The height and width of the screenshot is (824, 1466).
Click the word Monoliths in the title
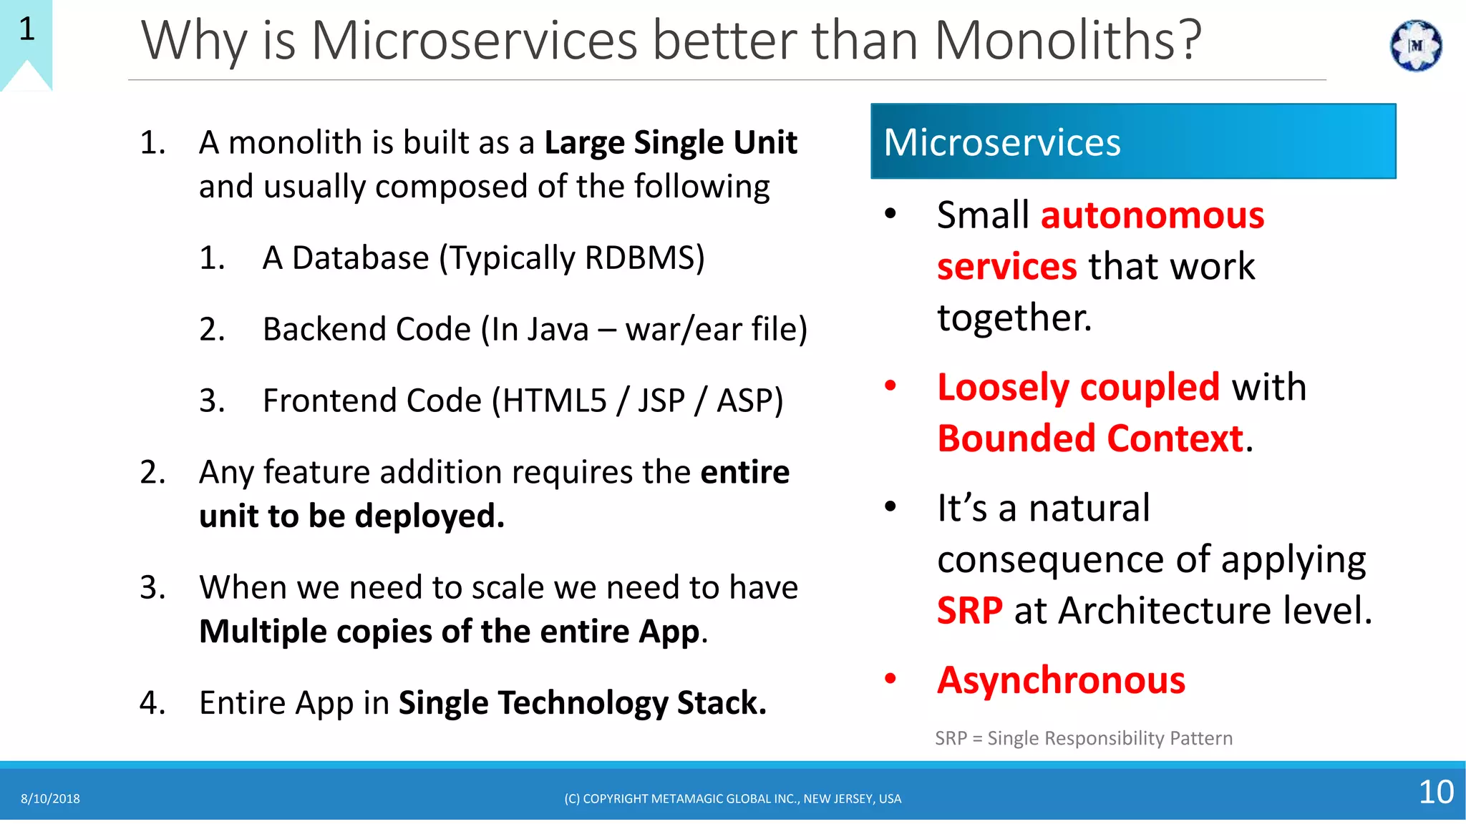tap(1067, 40)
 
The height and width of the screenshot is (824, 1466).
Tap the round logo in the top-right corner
tap(1415, 46)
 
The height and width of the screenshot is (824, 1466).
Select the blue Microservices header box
tap(1132, 142)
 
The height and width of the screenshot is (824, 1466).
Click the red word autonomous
tap(1152, 216)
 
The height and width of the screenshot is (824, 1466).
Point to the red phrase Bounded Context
tap(1090, 438)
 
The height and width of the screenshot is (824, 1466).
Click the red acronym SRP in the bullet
tap(969, 611)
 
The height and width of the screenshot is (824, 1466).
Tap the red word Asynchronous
tap(1061, 680)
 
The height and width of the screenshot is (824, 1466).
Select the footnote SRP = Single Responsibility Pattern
tap(1083, 738)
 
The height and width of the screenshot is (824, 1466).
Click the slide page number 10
tap(1435, 792)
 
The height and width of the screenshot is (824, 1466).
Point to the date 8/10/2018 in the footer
tap(50, 799)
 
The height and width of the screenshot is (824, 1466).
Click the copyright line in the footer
tap(732, 799)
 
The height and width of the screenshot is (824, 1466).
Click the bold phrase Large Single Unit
tap(670, 143)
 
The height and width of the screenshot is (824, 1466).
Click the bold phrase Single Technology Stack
tap(581, 703)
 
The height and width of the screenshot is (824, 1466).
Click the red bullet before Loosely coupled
tap(890, 386)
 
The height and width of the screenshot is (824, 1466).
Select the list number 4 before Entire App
tap(152, 703)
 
